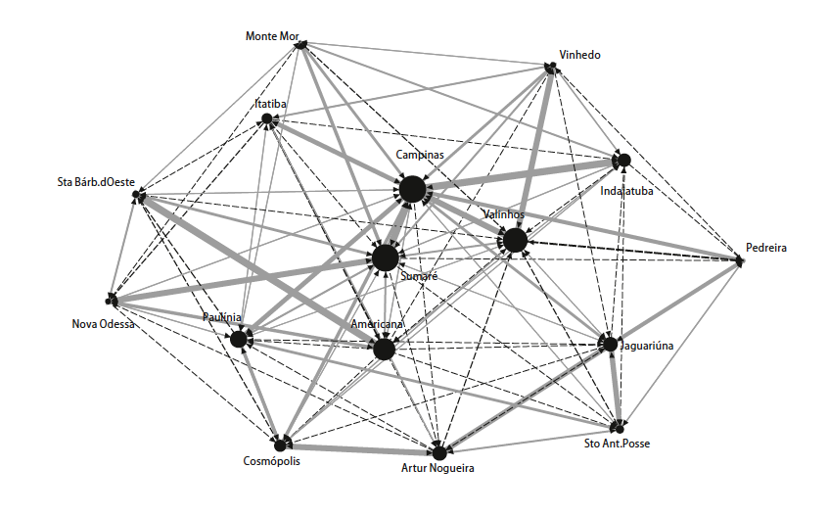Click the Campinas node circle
tap(412, 189)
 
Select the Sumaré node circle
tap(386, 258)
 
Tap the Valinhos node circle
tap(515, 240)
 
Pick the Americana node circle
tap(384, 349)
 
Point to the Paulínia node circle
tap(238, 340)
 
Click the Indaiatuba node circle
tap(622, 160)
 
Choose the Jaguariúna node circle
tap(610, 344)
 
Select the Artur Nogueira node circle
tap(439, 452)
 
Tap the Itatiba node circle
tap(266, 120)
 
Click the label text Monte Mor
tap(271, 36)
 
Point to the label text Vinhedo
tap(578, 55)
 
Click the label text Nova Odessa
tap(104, 324)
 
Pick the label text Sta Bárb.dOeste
tap(96, 182)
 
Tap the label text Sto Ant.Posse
tap(616, 444)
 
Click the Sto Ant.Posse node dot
tap(618, 428)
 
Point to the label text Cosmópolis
tap(272, 460)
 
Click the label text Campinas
tap(420, 155)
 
